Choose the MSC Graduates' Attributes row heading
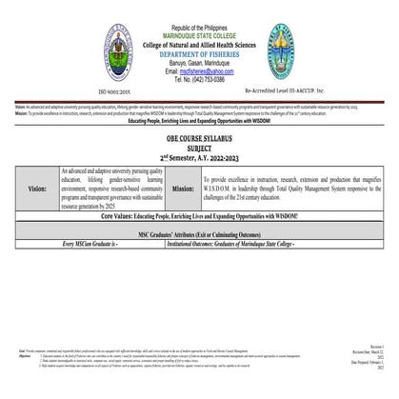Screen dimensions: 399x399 tap(199, 232)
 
